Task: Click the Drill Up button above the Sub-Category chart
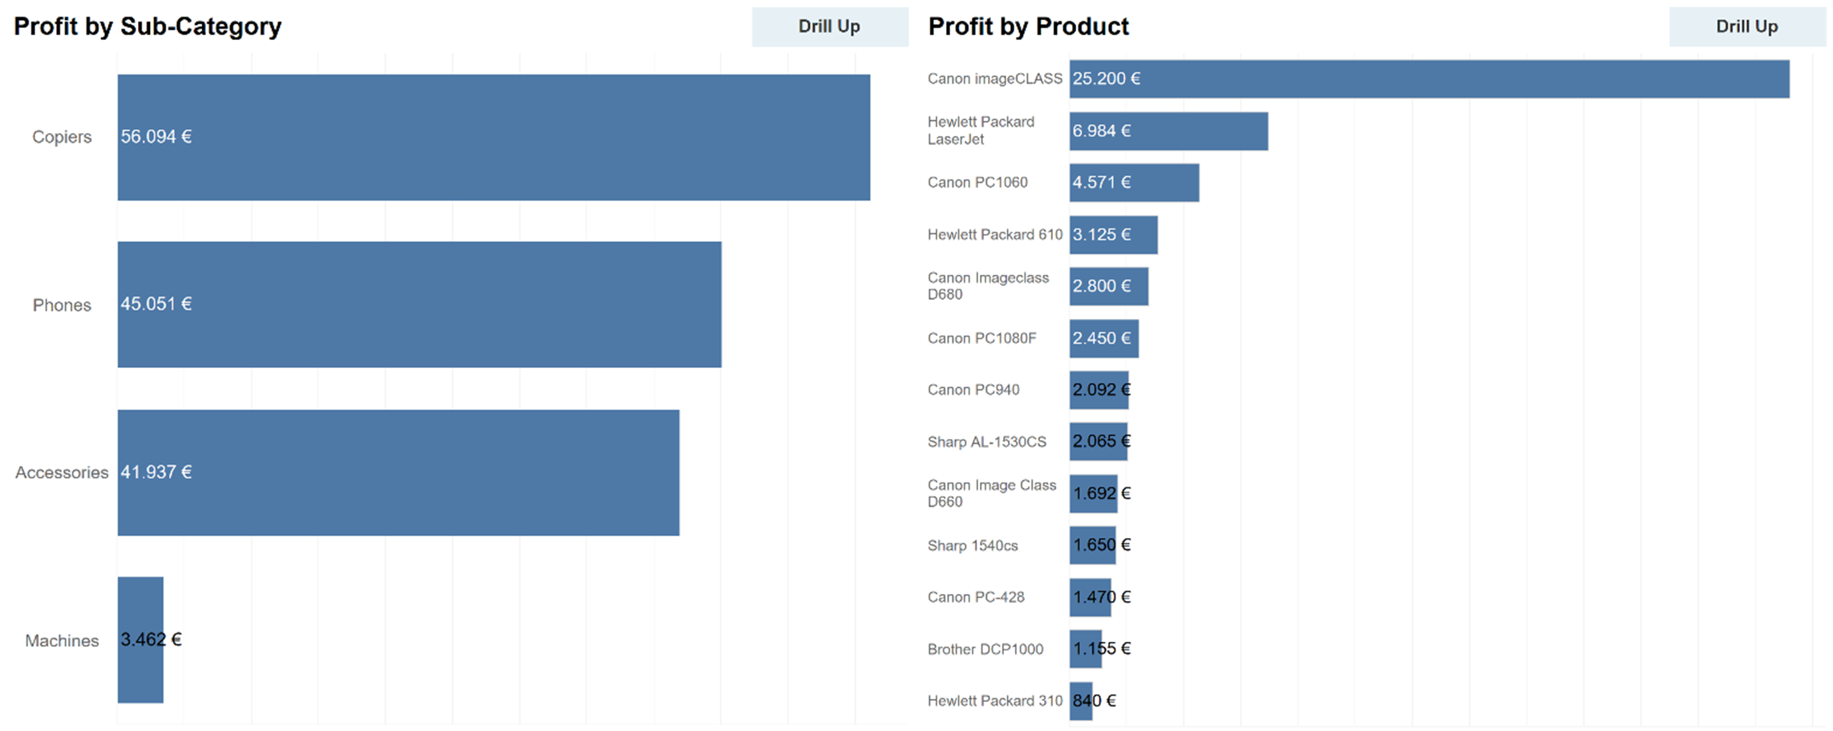pos(829,26)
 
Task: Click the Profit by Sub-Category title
pos(148,26)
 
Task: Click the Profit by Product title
pos(1028,26)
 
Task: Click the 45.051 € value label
pos(156,304)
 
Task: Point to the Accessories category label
pos(62,473)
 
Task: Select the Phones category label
pos(62,305)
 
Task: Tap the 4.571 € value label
pos(1102,183)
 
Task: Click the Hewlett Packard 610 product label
pos(994,235)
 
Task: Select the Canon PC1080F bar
pos(1103,338)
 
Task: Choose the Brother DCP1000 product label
pos(985,649)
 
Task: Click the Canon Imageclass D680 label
pos(988,286)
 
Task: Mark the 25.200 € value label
pos(1107,79)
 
